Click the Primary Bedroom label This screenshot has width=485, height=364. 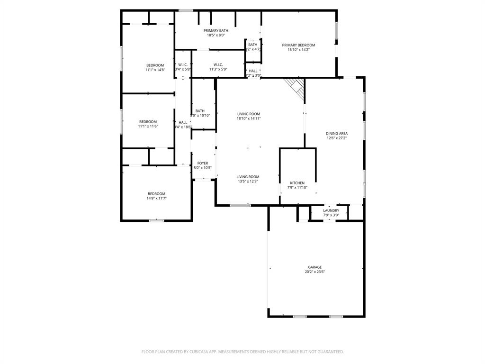point(298,45)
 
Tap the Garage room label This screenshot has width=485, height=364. point(315,267)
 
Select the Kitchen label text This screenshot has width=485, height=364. point(297,183)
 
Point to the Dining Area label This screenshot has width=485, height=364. point(337,134)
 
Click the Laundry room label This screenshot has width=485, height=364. point(331,211)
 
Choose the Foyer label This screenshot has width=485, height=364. point(202,163)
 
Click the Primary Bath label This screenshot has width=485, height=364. point(216,30)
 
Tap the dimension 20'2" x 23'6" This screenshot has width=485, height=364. point(315,272)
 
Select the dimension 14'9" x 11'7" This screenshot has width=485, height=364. point(156,198)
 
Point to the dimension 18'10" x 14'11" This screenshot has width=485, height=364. point(249,118)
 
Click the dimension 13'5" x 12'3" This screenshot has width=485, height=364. point(248,182)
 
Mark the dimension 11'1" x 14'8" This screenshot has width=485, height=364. point(155,70)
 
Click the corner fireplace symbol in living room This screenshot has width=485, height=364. point(296,88)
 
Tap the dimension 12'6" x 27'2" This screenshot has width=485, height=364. point(337,138)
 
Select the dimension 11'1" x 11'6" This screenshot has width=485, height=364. point(148,127)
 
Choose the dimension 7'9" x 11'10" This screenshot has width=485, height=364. point(297,188)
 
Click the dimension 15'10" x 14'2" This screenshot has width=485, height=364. point(298,50)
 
